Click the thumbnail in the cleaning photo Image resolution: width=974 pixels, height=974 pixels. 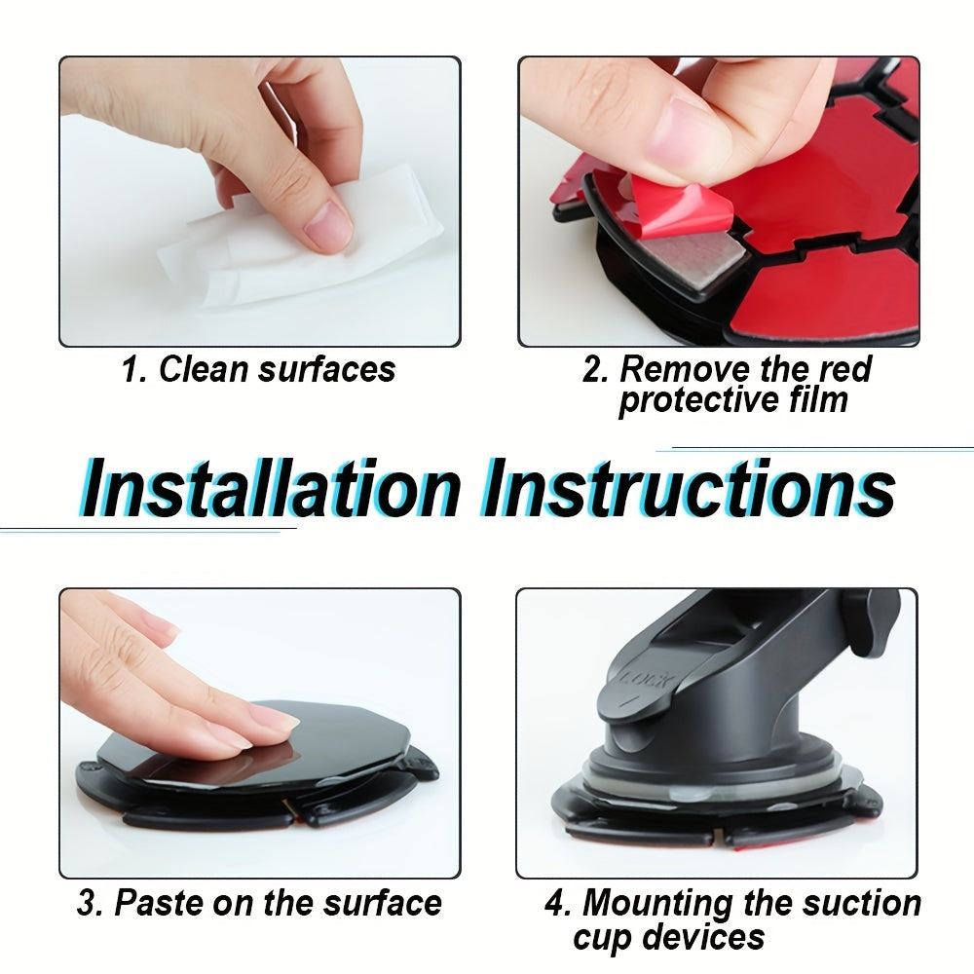(x=327, y=226)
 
